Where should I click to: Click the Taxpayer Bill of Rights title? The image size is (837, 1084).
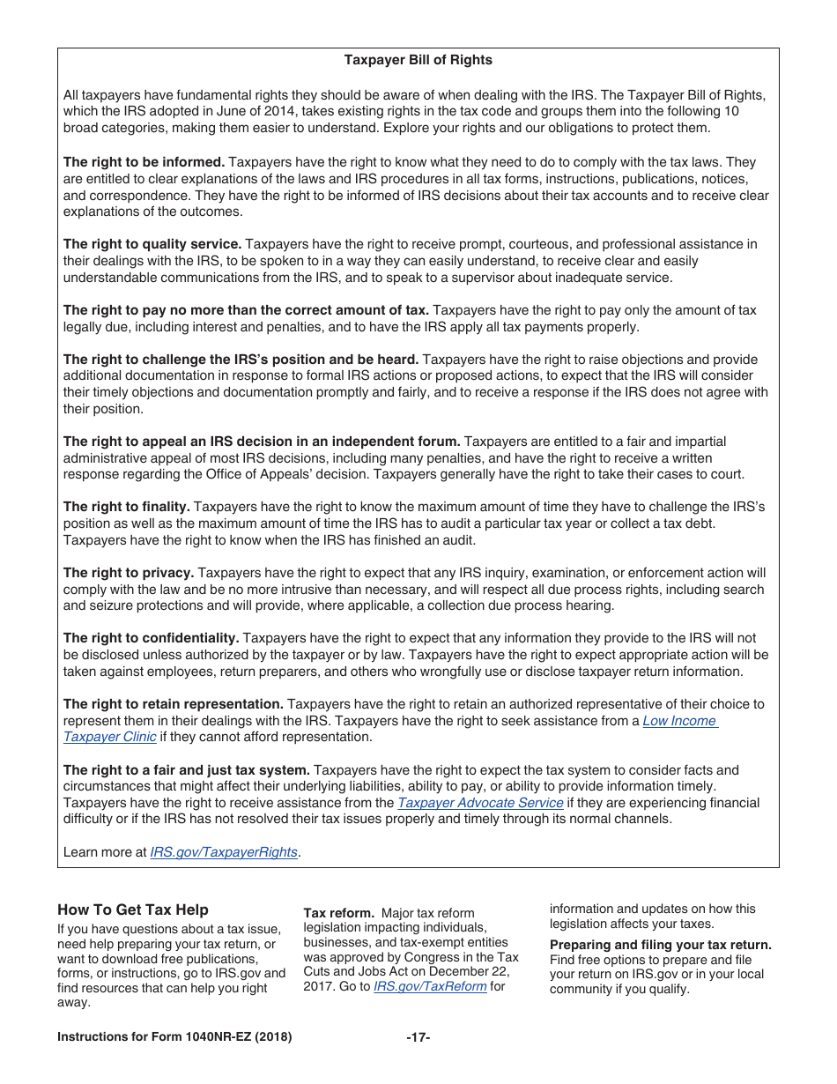point(418,60)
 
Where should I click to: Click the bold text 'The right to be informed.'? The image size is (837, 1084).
point(144,162)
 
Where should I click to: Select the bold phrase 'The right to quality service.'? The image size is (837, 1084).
point(152,244)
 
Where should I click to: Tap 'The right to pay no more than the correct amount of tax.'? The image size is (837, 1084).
point(246,310)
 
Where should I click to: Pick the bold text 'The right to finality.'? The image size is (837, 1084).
point(126,507)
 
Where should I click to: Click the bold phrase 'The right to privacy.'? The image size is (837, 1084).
point(128,573)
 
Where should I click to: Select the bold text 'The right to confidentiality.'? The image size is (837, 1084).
point(151,638)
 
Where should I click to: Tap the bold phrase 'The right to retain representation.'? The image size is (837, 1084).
point(173,704)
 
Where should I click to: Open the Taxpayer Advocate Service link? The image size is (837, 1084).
point(480,803)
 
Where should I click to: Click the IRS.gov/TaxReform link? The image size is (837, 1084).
point(430,986)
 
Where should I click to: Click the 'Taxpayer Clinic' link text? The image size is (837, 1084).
point(109,737)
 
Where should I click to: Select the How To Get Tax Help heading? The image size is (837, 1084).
point(133,910)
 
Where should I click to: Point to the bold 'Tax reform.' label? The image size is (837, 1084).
point(339,913)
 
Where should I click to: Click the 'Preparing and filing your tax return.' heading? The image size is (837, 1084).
point(660,945)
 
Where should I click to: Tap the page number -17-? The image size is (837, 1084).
point(418,1037)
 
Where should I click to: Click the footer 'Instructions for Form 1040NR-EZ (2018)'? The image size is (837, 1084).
point(174,1037)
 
